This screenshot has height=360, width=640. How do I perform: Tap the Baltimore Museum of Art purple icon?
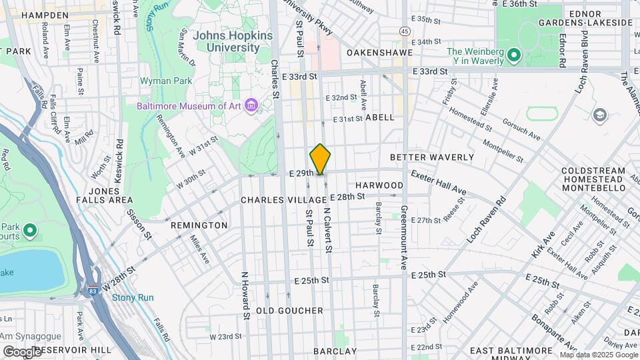tap(251, 106)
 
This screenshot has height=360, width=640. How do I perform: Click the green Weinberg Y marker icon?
tap(513, 55)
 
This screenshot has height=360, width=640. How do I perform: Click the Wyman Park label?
tap(165, 81)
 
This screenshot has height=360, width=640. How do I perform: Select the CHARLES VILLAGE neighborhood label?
tap(279, 200)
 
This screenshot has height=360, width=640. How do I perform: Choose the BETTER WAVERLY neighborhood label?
tap(431, 157)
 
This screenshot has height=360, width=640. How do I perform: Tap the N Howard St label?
tap(245, 295)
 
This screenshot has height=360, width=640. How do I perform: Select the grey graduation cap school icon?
tap(599, 116)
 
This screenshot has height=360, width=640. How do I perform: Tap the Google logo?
tap(22, 351)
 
